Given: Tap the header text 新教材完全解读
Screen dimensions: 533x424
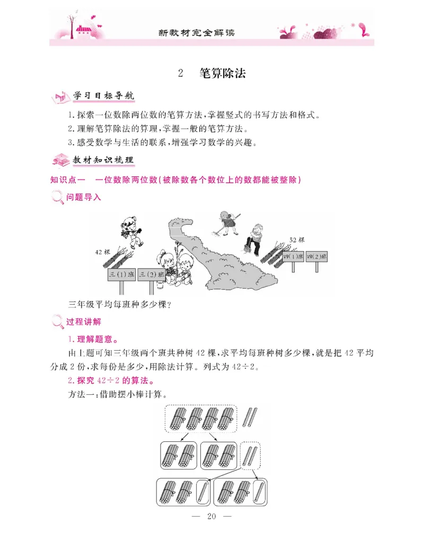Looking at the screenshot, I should tap(197, 33).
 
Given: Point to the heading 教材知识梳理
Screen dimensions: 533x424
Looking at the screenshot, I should tap(103, 159).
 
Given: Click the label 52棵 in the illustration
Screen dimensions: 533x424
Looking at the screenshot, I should tap(297, 240).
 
